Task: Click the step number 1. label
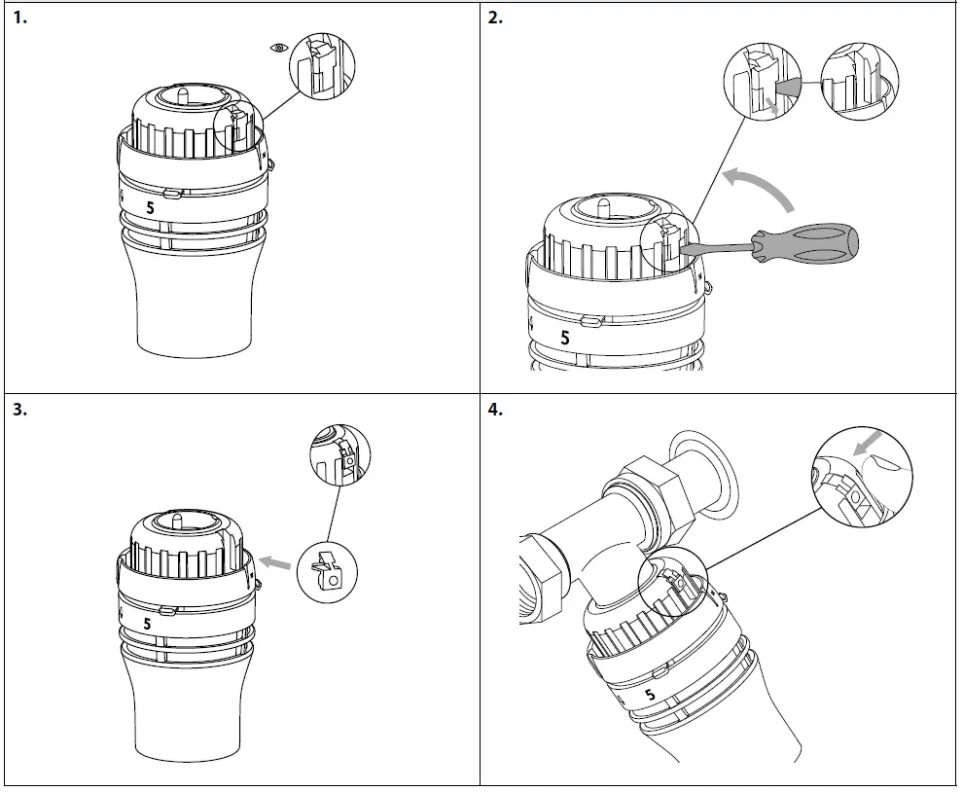tap(20, 18)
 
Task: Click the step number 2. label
tap(495, 18)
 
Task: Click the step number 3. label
tap(20, 410)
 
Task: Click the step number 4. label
tap(495, 410)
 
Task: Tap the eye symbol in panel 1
tap(280, 47)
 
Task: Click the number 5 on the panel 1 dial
tap(150, 207)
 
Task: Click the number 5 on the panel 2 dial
tap(565, 338)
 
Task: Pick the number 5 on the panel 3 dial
tap(147, 624)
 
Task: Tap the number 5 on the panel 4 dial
tap(650, 695)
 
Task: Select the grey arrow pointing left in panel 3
tap(279, 562)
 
